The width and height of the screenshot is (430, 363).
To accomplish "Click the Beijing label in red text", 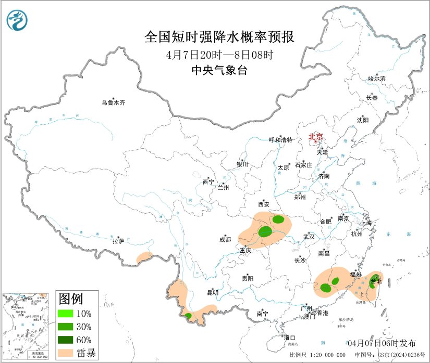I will (x=316, y=137).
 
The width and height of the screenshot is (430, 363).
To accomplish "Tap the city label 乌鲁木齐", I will (x=113, y=102).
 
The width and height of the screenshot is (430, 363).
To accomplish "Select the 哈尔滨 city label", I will (x=377, y=79).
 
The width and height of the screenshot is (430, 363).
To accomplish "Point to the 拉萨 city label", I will (x=118, y=241).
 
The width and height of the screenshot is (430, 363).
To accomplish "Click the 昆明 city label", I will (x=212, y=293).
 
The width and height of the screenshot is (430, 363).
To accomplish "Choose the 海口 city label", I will (x=290, y=338).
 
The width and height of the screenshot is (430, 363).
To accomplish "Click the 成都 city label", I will (x=225, y=239).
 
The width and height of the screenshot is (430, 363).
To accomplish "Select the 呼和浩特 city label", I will (x=280, y=140).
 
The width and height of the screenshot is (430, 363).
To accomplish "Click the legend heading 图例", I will (x=70, y=299).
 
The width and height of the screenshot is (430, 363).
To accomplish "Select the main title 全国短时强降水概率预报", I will (x=218, y=37).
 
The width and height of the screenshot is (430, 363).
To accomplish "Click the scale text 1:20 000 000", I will (x=325, y=354).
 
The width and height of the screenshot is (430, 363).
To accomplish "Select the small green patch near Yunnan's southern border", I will (x=188, y=316).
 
